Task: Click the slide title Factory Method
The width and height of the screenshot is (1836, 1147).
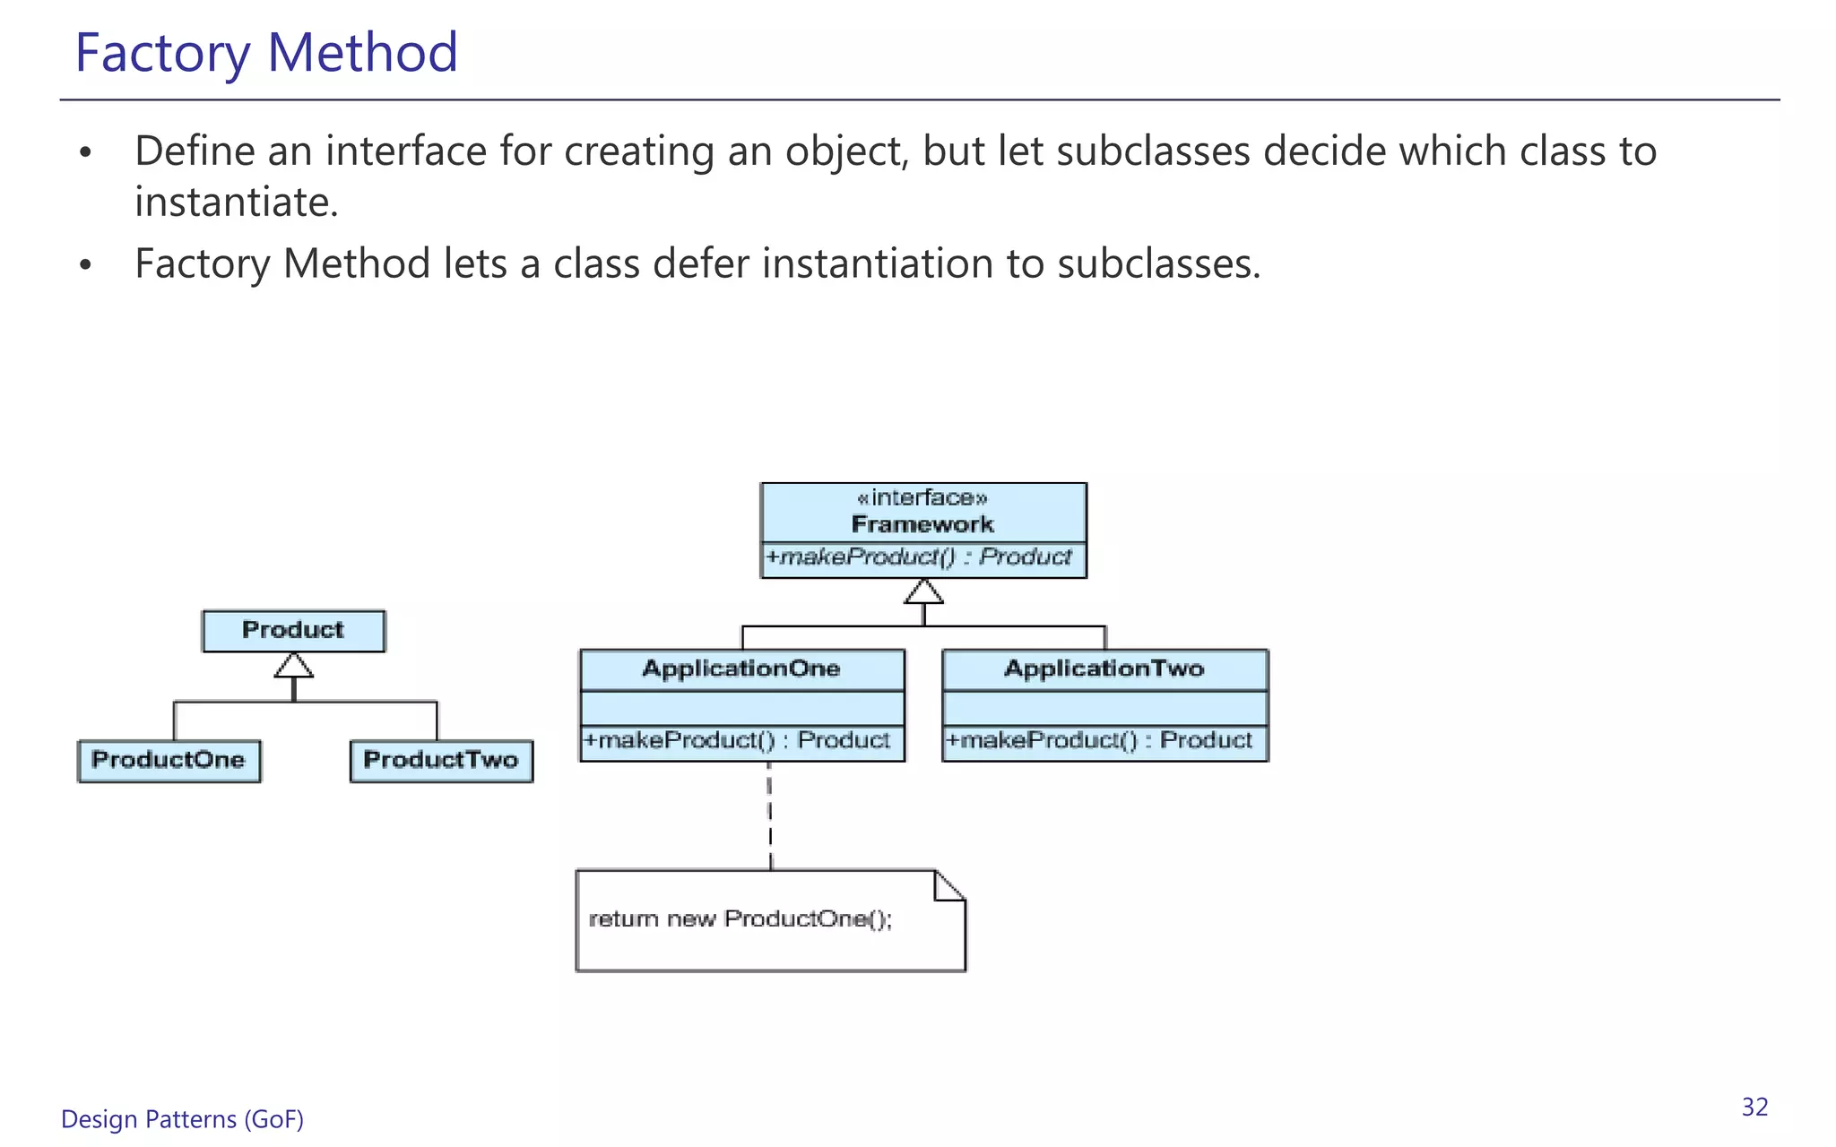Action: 266,52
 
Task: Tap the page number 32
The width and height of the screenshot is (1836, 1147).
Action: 1754,1108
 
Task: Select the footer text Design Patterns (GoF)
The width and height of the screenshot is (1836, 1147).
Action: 182,1119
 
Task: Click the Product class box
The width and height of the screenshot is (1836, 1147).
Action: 293,631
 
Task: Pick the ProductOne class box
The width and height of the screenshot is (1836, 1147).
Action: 169,761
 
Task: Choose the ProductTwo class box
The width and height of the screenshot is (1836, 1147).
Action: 441,761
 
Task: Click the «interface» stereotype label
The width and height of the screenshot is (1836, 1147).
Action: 922,498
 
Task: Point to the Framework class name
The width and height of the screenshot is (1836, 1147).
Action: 922,524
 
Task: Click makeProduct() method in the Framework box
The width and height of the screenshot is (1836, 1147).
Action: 919,557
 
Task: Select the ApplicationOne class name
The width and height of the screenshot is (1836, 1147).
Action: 741,669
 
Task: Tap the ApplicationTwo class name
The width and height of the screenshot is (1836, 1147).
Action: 1104,669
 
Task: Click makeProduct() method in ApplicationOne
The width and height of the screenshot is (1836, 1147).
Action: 737,741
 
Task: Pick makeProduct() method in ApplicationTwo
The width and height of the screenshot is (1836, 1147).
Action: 1099,741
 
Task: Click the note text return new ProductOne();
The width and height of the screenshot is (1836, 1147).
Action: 740,919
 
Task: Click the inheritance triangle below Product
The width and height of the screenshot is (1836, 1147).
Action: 294,666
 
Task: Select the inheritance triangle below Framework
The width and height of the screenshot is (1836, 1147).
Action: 923,592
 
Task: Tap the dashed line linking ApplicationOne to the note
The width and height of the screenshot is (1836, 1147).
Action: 770,815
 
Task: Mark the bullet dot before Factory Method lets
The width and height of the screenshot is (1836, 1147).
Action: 85,265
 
